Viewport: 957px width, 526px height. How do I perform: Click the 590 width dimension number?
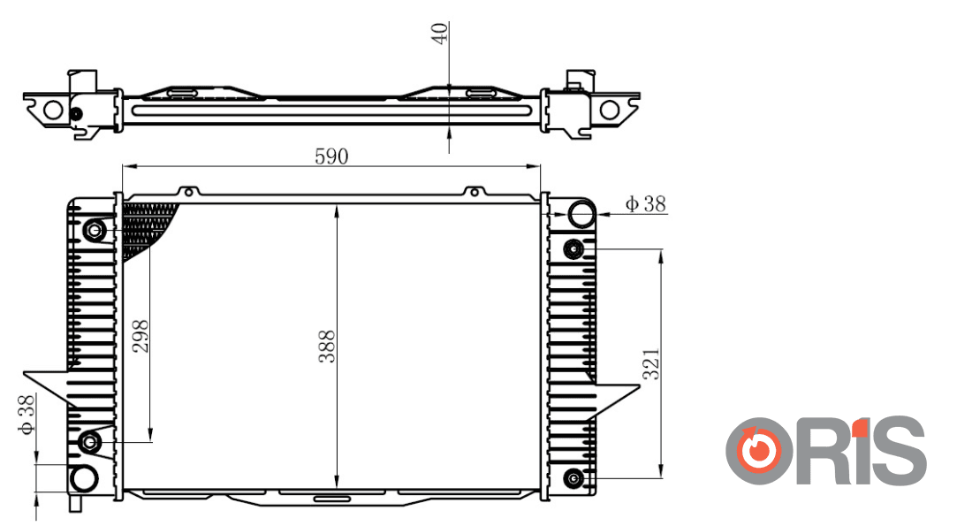point(331,156)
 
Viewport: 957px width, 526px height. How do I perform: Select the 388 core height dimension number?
point(327,347)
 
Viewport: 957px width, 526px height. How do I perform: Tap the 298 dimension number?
point(141,336)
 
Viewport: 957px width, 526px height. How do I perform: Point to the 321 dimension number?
point(651,364)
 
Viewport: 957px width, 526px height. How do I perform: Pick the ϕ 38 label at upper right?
point(645,203)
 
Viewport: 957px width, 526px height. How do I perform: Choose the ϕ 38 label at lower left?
point(27,415)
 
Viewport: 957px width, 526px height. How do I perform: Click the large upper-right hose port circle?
point(581,214)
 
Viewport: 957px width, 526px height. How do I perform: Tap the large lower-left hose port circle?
point(84,478)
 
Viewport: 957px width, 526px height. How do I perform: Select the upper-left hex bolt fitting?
point(95,231)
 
